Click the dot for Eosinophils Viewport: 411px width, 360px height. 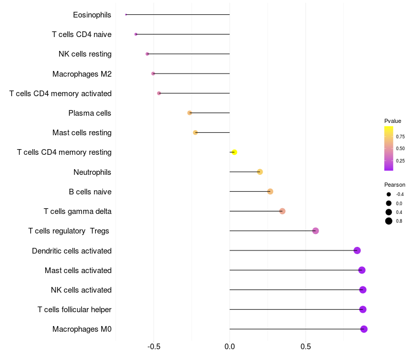click(x=126, y=15)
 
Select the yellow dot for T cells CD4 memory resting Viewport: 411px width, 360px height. click(x=234, y=152)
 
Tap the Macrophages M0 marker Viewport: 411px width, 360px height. click(x=364, y=329)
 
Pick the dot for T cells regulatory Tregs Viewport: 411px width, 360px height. click(x=315, y=231)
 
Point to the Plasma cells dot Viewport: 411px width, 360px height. click(x=190, y=113)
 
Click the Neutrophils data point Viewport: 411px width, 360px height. click(x=260, y=172)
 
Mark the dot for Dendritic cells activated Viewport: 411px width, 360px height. click(x=357, y=250)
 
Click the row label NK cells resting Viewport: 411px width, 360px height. click(x=85, y=54)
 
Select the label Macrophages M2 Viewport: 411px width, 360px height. click(x=82, y=74)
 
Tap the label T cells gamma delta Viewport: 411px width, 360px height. click(x=78, y=211)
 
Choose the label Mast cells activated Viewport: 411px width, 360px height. click(x=78, y=271)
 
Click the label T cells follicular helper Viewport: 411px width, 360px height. click(x=74, y=310)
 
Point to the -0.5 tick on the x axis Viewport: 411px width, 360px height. click(x=154, y=347)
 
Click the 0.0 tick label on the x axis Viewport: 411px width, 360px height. click(x=230, y=347)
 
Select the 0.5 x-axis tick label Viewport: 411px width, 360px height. click(x=306, y=347)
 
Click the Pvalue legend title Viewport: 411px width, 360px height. click(x=393, y=121)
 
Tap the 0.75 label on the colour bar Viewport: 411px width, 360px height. click(x=400, y=137)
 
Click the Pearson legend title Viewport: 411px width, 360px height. click(x=395, y=185)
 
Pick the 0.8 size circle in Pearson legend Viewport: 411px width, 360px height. click(x=389, y=221)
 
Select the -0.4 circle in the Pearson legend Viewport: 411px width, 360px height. click(x=389, y=194)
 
